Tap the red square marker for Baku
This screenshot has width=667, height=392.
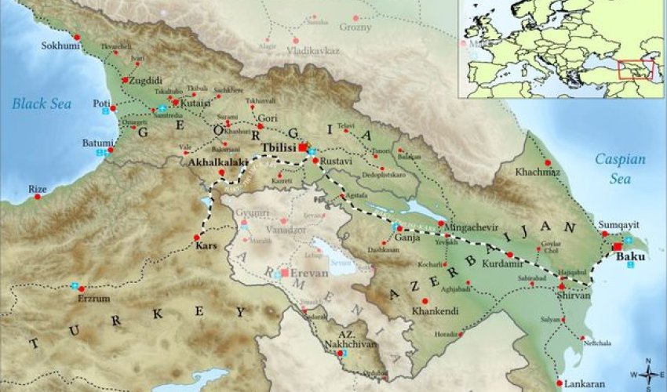[618, 246]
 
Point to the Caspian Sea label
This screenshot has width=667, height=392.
[619, 165]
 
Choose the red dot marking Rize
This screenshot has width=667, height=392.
[37, 196]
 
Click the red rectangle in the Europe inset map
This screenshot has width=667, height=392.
[635, 70]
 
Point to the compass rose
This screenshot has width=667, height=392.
[648, 375]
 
